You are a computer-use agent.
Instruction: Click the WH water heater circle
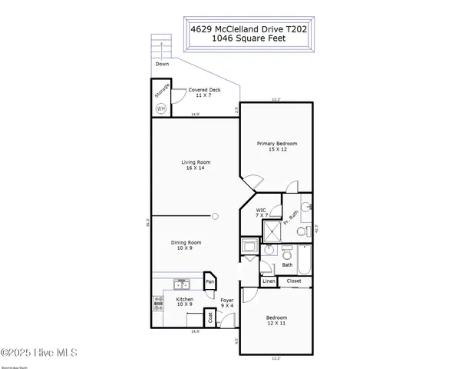coord(160,108)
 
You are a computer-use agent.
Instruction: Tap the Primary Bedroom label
coord(277,147)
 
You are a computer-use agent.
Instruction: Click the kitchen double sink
coord(180,283)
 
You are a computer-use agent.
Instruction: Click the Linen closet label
coord(269,281)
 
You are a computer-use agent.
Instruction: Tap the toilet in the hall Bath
coord(287,253)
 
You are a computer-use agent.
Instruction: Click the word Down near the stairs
coord(162,64)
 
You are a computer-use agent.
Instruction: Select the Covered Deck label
coord(193,93)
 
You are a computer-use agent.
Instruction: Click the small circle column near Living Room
coord(216,216)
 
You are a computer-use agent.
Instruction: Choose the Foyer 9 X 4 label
coord(227,303)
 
